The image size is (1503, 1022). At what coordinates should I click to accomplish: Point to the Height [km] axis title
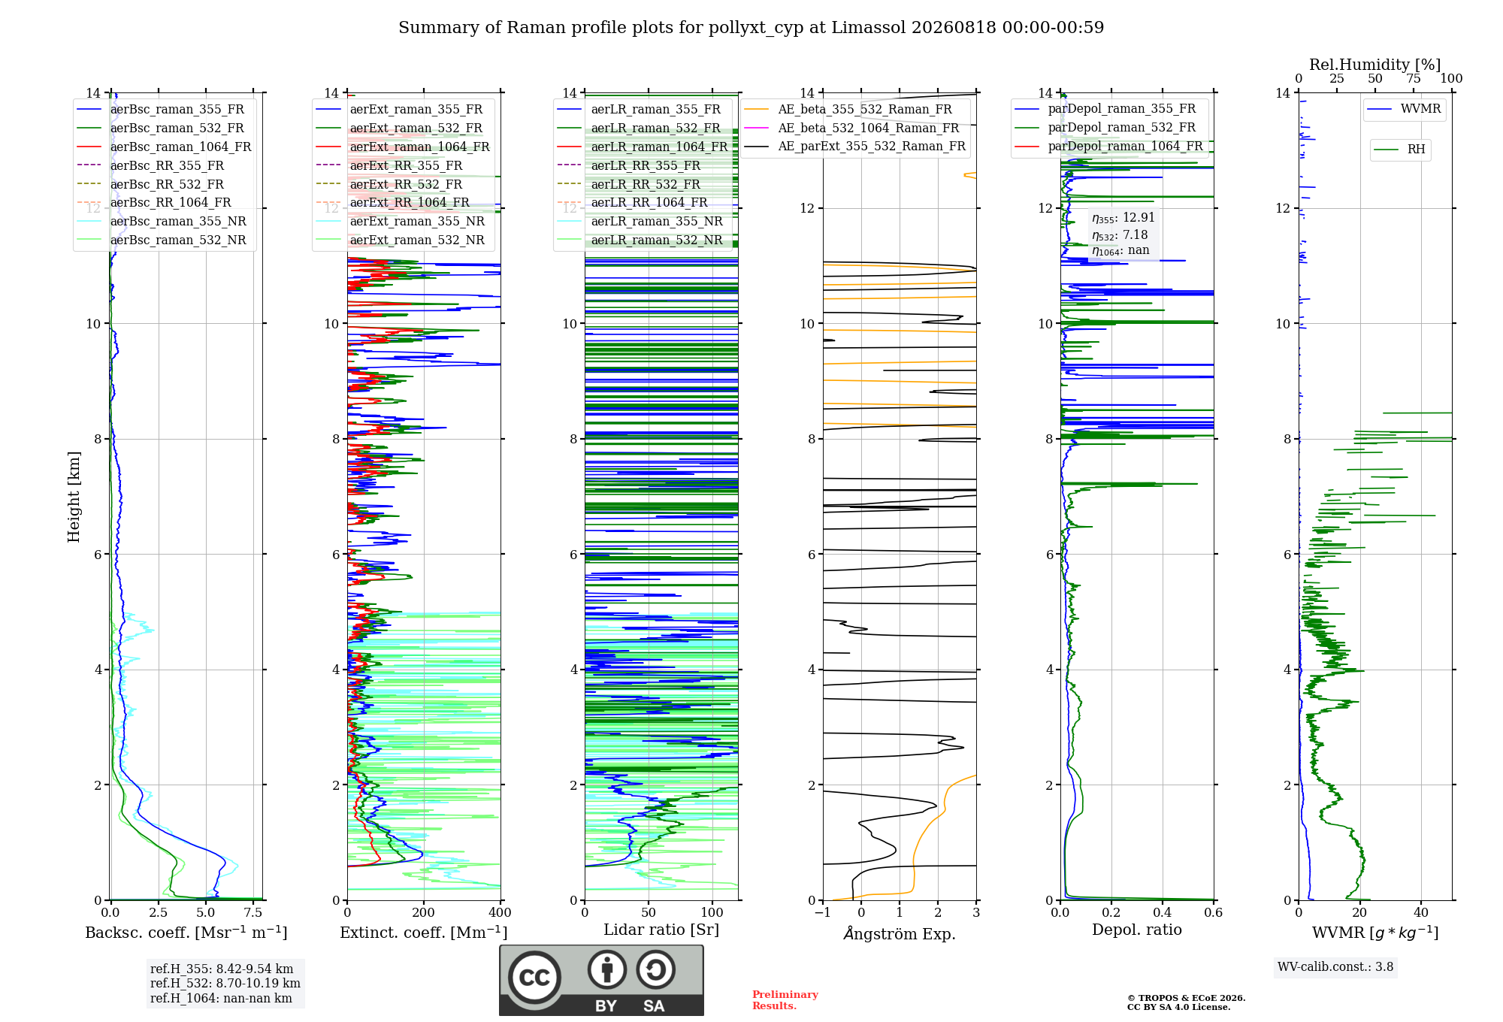pos(74,497)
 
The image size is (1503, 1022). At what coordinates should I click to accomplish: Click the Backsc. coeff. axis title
pos(186,933)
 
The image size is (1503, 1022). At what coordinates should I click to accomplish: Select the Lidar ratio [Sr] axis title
pos(661,930)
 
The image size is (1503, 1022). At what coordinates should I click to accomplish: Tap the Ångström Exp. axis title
pos(900,933)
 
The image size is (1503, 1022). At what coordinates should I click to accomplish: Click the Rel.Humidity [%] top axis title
pos(1375,65)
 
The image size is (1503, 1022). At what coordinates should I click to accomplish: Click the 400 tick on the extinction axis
pos(500,913)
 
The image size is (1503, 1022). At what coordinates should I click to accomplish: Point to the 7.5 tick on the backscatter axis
pos(253,913)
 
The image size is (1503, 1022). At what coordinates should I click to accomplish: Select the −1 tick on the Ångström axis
pos(823,913)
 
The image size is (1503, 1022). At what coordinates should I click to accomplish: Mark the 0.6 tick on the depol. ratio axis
pos(1214,913)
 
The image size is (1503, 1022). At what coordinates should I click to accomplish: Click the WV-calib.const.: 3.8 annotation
pos(1335,967)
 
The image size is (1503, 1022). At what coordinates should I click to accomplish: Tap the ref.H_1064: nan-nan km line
pos(221,998)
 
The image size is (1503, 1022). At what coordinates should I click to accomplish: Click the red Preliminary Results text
pos(785,1000)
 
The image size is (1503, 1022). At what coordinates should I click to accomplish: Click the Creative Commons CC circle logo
pos(534,977)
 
